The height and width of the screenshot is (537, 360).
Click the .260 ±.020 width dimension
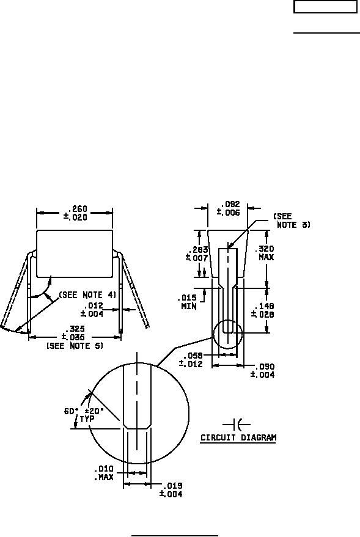[x=75, y=213]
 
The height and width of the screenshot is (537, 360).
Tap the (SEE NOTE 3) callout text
[x=292, y=221]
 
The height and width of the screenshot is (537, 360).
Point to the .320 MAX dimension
[x=266, y=253]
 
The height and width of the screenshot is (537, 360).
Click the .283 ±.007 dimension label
[x=197, y=254]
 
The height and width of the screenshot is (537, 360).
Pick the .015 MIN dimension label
[x=189, y=302]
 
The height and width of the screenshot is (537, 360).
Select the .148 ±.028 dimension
[x=263, y=310]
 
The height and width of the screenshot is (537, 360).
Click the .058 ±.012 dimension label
[x=191, y=360]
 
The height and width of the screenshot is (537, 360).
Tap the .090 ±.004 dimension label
[x=262, y=371]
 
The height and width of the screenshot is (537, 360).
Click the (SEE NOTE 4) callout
[x=87, y=294]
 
